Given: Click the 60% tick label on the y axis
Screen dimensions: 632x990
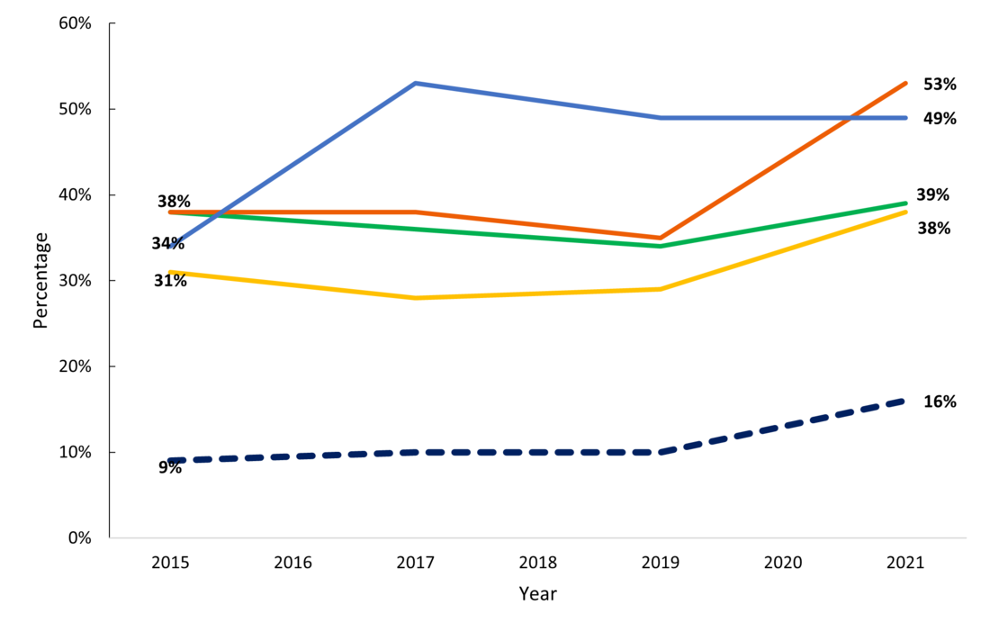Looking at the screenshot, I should click(x=75, y=23).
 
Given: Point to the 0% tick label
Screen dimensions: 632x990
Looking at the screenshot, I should click(x=79, y=538).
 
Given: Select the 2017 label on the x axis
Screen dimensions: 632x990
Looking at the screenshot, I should click(x=415, y=564).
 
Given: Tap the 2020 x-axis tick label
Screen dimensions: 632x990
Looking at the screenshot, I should click(x=782, y=564).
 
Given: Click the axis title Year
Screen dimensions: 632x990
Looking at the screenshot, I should click(x=537, y=594).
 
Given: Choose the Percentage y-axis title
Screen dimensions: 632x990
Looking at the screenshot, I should click(x=40, y=280).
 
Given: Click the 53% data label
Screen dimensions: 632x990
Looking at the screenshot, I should click(x=940, y=85).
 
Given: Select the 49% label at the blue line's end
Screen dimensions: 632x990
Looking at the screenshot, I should click(x=940, y=119).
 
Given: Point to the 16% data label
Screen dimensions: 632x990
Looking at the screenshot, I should click(x=940, y=402).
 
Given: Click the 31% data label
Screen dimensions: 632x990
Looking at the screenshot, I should click(x=170, y=281).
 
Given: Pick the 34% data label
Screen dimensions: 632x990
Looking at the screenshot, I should click(x=167, y=244).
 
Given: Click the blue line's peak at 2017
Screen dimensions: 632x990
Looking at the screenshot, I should click(x=415, y=84).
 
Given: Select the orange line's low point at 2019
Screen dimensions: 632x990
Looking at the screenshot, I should click(x=661, y=238).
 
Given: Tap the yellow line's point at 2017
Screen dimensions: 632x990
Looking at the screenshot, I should click(x=415, y=298).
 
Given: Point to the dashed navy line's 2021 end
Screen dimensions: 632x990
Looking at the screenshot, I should click(x=904, y=401).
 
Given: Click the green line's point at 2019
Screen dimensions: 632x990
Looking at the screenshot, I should click(x=661, y=246).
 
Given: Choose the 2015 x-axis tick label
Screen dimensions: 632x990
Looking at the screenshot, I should click(x=170, y=564).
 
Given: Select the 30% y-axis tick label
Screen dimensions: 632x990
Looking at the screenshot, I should click(x=75, y=281).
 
